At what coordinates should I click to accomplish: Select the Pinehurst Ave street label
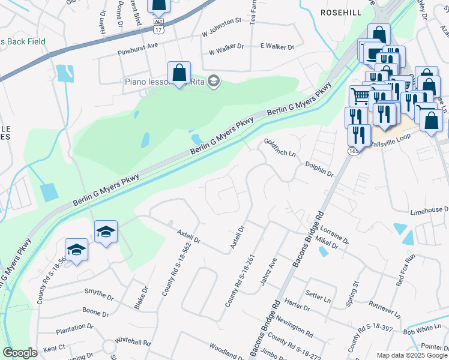[137, 45]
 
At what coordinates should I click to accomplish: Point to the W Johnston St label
[221, 20]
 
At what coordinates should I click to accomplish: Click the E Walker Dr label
[277, 46]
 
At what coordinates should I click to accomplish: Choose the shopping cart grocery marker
[360, 95]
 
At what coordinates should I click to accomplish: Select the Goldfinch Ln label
[280, 146]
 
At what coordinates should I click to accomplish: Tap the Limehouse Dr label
[429, 209]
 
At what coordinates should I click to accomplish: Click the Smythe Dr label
[99, 295]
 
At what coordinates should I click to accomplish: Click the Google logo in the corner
[20, 353]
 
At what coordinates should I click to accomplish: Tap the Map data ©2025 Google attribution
[411, 355]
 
